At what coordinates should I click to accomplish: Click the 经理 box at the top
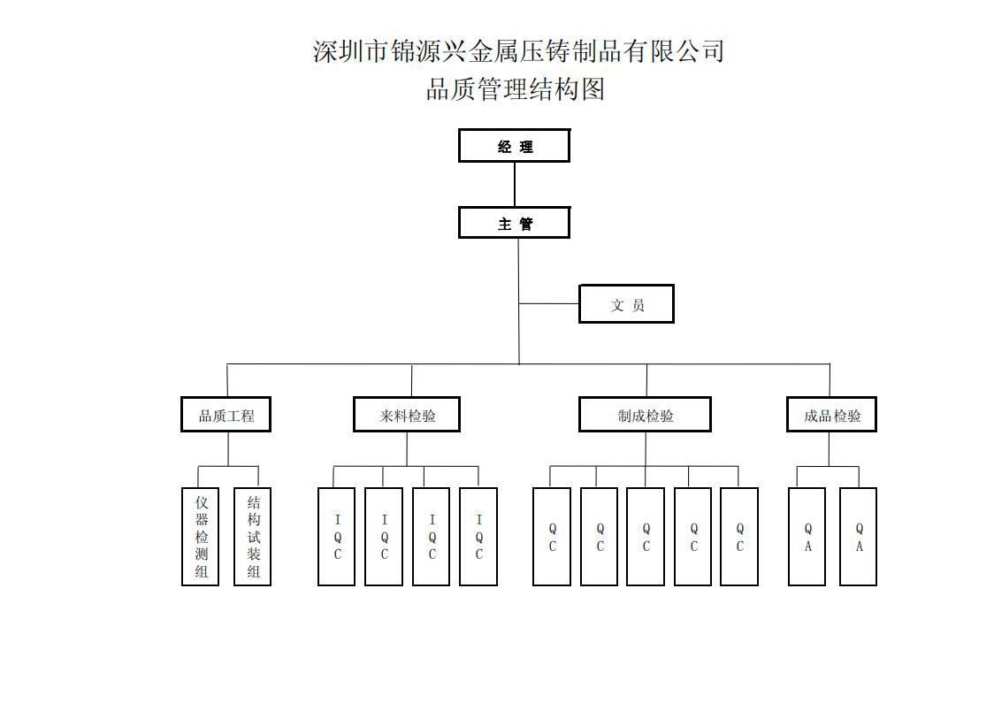tap(514, 146)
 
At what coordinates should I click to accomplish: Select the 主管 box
tap(514, 223)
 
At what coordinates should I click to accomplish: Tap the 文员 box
tap(626, 304)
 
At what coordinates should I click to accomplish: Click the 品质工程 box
tap(226, 415)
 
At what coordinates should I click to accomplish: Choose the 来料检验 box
tap(407, 415)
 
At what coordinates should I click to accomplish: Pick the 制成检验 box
tap(645, 415)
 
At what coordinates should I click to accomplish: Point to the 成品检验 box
tap(831, 415)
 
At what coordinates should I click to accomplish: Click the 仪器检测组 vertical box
tap(201, 537)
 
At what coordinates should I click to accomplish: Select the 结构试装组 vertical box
tap(253, 537)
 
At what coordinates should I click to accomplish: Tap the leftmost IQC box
tap(337, 537)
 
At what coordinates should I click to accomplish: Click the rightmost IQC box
tap(478, 537)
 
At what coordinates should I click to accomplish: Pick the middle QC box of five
tap(646, 537)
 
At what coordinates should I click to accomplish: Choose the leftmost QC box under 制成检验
tap(552, 537)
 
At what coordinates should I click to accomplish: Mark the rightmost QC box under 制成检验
tap(739, 537)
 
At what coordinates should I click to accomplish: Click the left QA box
tap(807, 537)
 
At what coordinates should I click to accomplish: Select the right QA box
tap(859, 537)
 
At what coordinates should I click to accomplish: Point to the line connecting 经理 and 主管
tap(514, 185)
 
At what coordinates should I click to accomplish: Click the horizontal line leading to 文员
tap(549, 304)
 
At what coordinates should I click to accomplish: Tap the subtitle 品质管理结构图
tap(515, 89)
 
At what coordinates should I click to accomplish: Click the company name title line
tap(518, 50)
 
